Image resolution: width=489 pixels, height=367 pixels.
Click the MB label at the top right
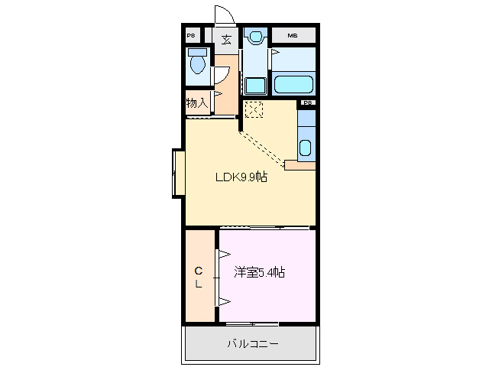pos(293,36)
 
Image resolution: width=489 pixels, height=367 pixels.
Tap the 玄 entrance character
pos(226,41)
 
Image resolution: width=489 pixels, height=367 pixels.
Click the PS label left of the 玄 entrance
pos(191,36)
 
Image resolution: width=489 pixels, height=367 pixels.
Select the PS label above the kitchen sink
pos(307,102)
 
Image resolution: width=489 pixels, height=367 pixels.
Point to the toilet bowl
pos(199,63)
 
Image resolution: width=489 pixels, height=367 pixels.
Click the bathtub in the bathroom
pos(293,83)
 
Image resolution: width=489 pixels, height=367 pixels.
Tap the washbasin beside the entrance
pos(255,35)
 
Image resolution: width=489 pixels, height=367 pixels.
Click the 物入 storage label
pos(196,103)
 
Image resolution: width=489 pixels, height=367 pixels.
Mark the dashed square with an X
pos(254,109)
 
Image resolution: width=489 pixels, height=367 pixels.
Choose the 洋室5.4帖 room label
pos(259,272)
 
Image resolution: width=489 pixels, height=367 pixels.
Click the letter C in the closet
pos(197,271)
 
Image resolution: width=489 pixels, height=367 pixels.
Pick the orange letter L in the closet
pos(197,284)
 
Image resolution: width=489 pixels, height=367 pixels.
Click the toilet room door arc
pos(220,74)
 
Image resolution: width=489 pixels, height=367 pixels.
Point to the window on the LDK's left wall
pos(178,174)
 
